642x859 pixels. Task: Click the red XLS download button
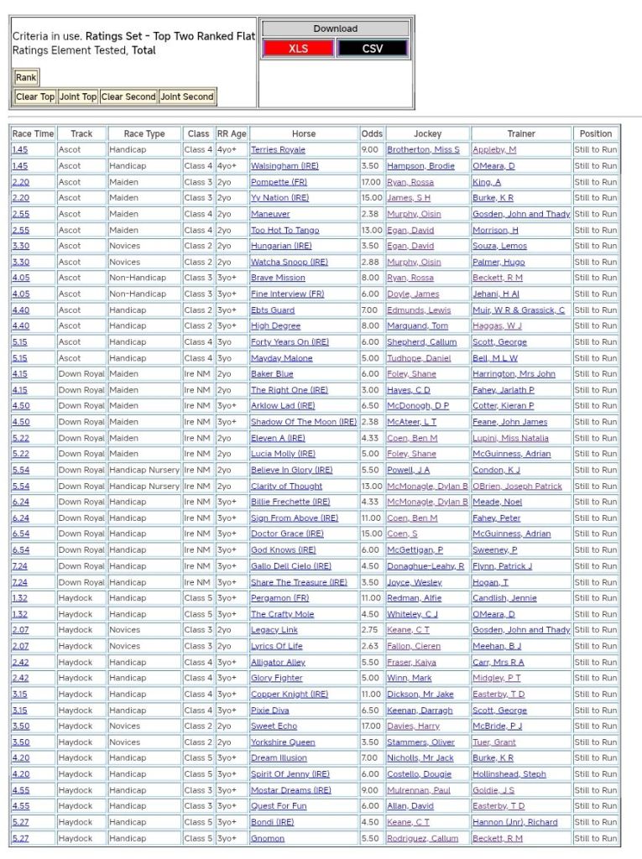click(298, 49)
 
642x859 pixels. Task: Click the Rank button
click(26, 77)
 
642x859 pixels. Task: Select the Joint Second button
click(187, 96)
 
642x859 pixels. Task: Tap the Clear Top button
click(35, 96)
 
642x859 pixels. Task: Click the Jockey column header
click(427, 133)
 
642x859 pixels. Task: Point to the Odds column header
click(372, 133)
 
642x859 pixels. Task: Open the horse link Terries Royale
click(278, 150)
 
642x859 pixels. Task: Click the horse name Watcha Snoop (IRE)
click(289, 263)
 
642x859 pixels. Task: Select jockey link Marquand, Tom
click(417, 326)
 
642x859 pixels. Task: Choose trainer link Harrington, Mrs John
click(514, 374)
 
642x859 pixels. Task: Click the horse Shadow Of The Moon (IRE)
click(303, 422)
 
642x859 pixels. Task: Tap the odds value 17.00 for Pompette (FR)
click(370, 182)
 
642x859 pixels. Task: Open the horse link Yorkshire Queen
click(283, 742)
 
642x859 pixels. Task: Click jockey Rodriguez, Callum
click(422, 839)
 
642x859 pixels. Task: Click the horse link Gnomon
click(268, 839)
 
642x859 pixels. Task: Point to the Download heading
click(335, 29)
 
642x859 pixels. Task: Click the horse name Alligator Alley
click(278, 663)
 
